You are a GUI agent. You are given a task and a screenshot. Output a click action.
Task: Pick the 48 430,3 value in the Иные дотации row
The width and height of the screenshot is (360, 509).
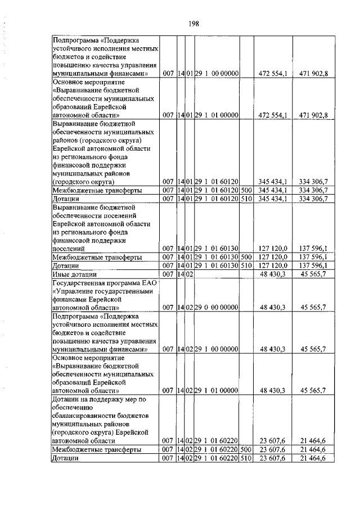click(273, 274)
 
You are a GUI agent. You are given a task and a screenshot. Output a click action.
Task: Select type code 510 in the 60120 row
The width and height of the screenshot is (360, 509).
click(245, 199)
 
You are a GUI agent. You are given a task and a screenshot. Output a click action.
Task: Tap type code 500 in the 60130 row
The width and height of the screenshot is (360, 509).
click(245, 257)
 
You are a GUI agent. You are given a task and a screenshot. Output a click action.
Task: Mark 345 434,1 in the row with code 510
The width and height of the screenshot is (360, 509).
click(273, 199)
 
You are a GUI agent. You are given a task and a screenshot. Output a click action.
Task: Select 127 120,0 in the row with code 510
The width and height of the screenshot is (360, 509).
click(273, 265)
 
